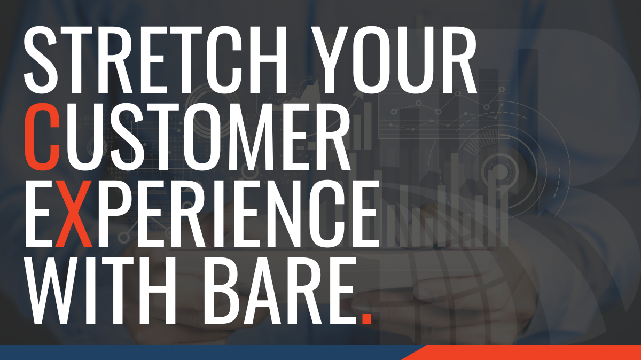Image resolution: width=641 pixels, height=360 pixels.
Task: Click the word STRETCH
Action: (x=155, y=59)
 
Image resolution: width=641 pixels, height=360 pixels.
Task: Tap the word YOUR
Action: (x=394, y=59)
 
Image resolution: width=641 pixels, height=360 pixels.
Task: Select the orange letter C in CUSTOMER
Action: (x=42, y=137)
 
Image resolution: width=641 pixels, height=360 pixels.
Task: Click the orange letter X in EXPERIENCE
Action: (x=74, y=213)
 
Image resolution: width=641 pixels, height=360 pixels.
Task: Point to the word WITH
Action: (x=100, y=290)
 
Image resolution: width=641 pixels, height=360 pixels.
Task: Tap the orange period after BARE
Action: (x=366, y=318)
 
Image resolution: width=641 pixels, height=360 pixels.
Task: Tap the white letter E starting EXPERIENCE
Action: (x=39, y=213)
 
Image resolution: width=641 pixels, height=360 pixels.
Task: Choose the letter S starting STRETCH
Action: (x=41, y=59)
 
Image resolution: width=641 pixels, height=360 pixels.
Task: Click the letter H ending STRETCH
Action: (x=268, y=59)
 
